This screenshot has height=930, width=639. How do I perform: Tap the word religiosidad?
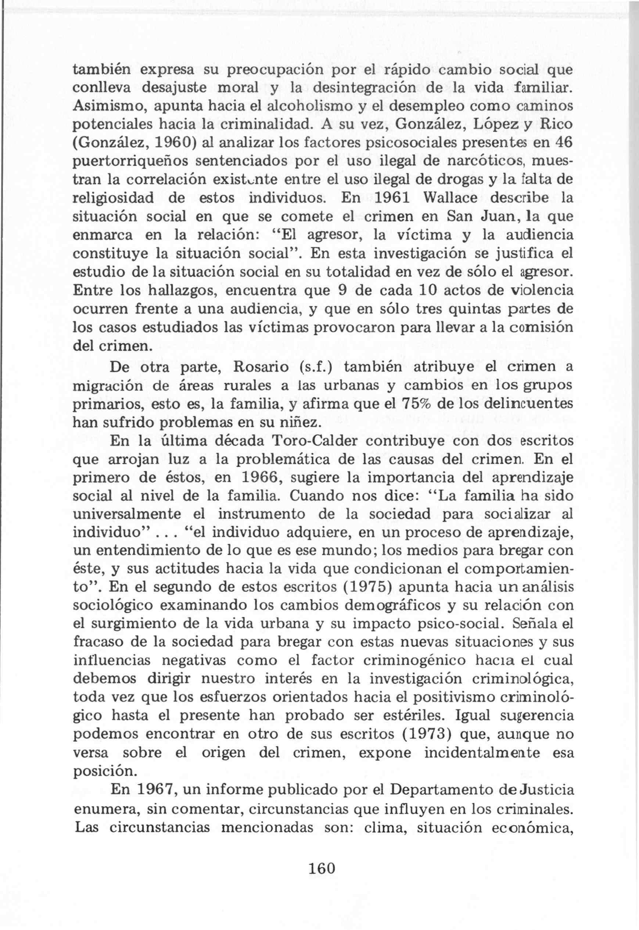pyautogui.click(x=113, y=198)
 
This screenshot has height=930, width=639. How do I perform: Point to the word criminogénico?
pyautogui.click(x=408, y=661)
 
